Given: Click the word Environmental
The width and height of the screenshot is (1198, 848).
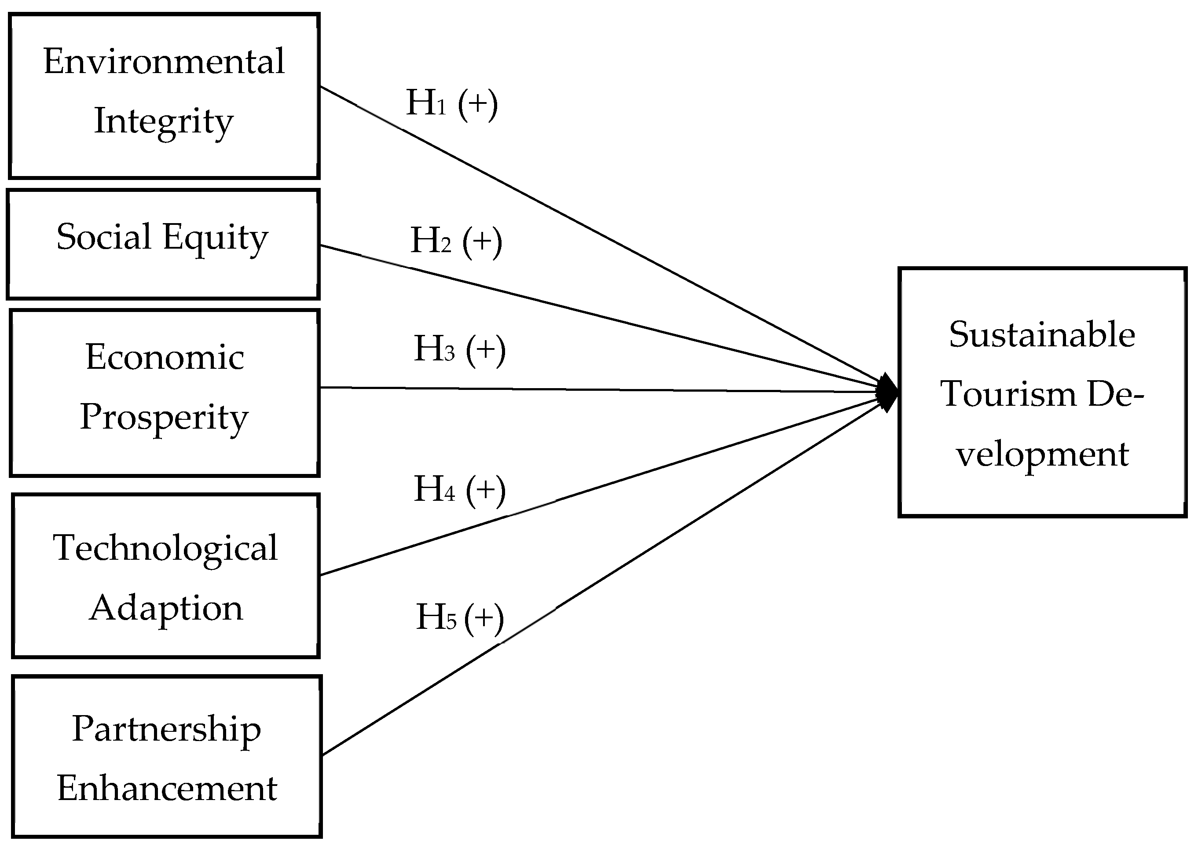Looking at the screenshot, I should click(164, 62).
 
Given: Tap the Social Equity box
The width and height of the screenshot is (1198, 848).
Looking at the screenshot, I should click(163, 244).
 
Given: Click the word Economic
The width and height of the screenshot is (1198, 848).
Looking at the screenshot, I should click(165, 358).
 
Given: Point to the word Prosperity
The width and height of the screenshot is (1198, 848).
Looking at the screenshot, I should click(164, 418).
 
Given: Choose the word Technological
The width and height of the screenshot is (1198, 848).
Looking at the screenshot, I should click(165, 548).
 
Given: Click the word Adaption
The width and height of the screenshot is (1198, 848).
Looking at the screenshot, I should click(165, 608).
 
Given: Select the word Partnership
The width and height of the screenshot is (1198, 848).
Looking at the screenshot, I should click(166, 730).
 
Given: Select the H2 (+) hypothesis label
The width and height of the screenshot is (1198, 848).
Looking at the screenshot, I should click(456, 241).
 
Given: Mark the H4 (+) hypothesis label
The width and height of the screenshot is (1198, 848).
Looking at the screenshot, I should click(459, 489).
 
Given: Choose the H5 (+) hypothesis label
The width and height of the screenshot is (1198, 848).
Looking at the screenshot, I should click(459, 617).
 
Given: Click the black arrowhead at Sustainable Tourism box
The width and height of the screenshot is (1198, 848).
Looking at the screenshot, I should click(888, 393).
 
